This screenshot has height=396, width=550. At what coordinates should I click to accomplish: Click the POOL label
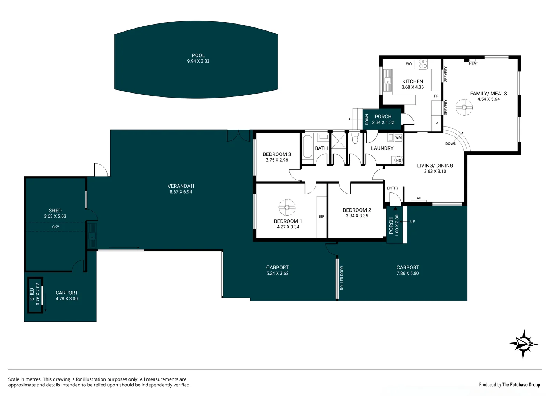(x=198, y=55)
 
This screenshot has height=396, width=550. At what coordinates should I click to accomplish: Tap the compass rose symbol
(x=524, y=344)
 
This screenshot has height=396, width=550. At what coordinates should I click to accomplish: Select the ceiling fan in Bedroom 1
(x=287, y=208)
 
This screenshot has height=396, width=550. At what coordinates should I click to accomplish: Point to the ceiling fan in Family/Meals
(x=464, y=107)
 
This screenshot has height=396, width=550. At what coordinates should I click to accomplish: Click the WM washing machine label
(x=398, y=137)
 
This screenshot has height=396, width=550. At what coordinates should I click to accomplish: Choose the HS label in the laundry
(x=398, y=161)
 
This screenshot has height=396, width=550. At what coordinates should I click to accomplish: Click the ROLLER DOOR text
(x=342, y=278)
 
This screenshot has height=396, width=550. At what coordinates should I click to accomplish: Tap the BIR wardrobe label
(x=321, y=217)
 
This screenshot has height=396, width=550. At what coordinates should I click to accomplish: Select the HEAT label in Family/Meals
(x=473, y=63)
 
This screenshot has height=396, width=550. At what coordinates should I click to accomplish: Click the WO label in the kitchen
(x=409, y=64)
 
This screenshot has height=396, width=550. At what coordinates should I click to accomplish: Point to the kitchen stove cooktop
(x=423, y=64)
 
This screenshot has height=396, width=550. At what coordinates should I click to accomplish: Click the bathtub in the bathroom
(x=307, y=147)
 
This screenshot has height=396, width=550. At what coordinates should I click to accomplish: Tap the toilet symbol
(x=355, y=140)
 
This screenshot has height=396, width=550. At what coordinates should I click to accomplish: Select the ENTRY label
(x=393, y=188)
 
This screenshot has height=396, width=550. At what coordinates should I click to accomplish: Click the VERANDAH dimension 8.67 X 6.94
(x=181, y=192)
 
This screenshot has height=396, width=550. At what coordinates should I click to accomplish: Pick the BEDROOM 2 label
(x=357, y=210)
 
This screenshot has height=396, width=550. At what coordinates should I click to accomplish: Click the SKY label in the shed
(x=56, y=227)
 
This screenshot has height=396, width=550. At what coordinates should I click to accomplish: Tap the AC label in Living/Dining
(x=419, y=198)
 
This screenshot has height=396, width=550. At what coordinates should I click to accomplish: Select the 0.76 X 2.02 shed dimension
(x=37, y=294)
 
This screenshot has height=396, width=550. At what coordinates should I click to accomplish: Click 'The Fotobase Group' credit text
(x=521, y=385)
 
